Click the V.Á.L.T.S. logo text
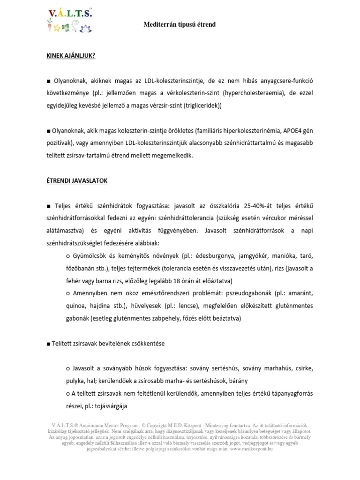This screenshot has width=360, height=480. coord(70,14)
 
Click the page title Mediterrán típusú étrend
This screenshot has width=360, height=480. coord(179,24)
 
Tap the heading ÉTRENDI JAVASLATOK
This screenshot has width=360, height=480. coord(77,180)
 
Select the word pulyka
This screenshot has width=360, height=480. coord(76,381)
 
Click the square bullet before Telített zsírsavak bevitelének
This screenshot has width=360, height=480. coord(48,344)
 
